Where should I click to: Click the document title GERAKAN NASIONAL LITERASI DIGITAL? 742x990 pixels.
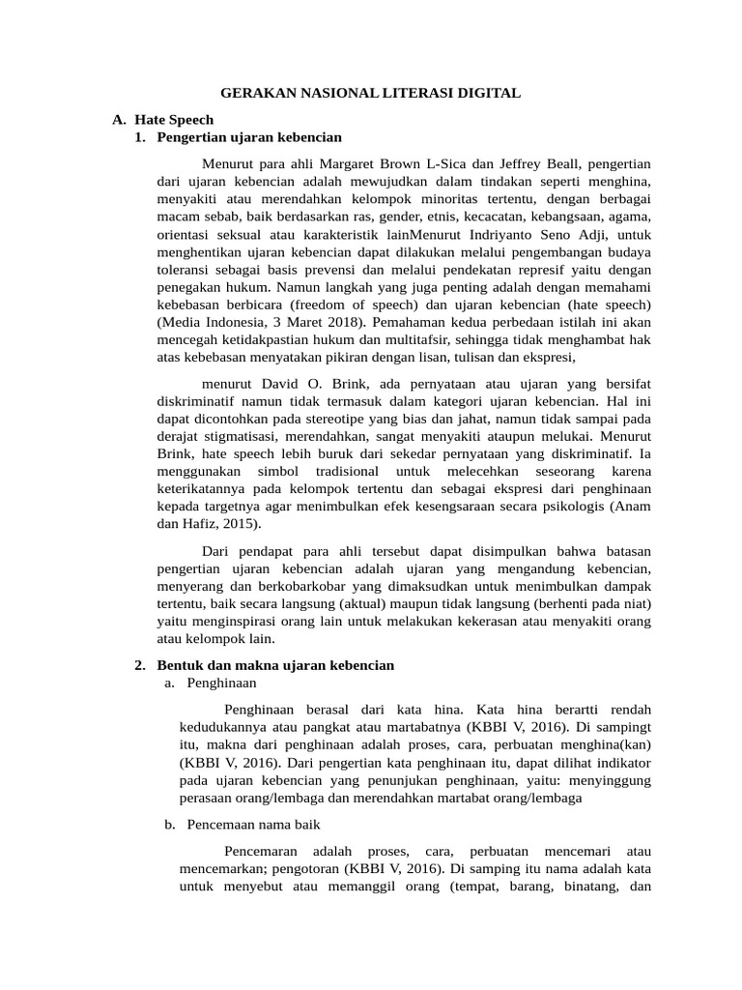click(371, 93)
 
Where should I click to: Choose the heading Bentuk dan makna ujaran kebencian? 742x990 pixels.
click(275, 665)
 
